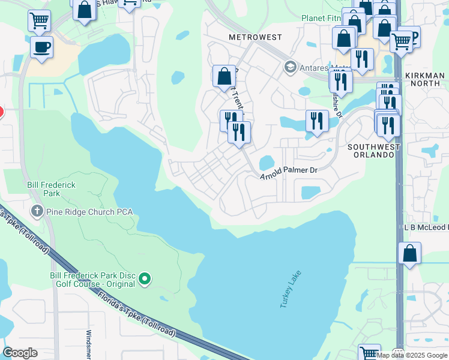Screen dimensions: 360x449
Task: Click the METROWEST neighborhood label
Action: point(255,37)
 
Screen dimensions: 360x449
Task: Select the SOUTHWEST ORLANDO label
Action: point(372,150)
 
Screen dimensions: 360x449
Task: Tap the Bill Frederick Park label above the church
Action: point(52,190)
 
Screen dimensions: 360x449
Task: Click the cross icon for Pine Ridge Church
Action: point(37,211)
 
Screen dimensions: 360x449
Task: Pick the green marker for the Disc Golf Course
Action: point(144,279)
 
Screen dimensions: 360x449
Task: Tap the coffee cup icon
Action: point(41,47)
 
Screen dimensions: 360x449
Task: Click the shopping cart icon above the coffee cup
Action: point(39,20)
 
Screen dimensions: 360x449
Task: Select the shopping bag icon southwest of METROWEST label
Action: point(224,76)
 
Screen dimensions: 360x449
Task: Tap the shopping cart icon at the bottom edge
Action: point(369,353)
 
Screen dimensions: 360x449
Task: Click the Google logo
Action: point(20,353)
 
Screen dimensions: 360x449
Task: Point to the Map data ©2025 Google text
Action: point(412,355)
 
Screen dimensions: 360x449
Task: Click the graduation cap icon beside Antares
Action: point(291,65)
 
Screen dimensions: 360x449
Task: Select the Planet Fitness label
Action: point(321,19)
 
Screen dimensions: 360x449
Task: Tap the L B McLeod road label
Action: point(426,227)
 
